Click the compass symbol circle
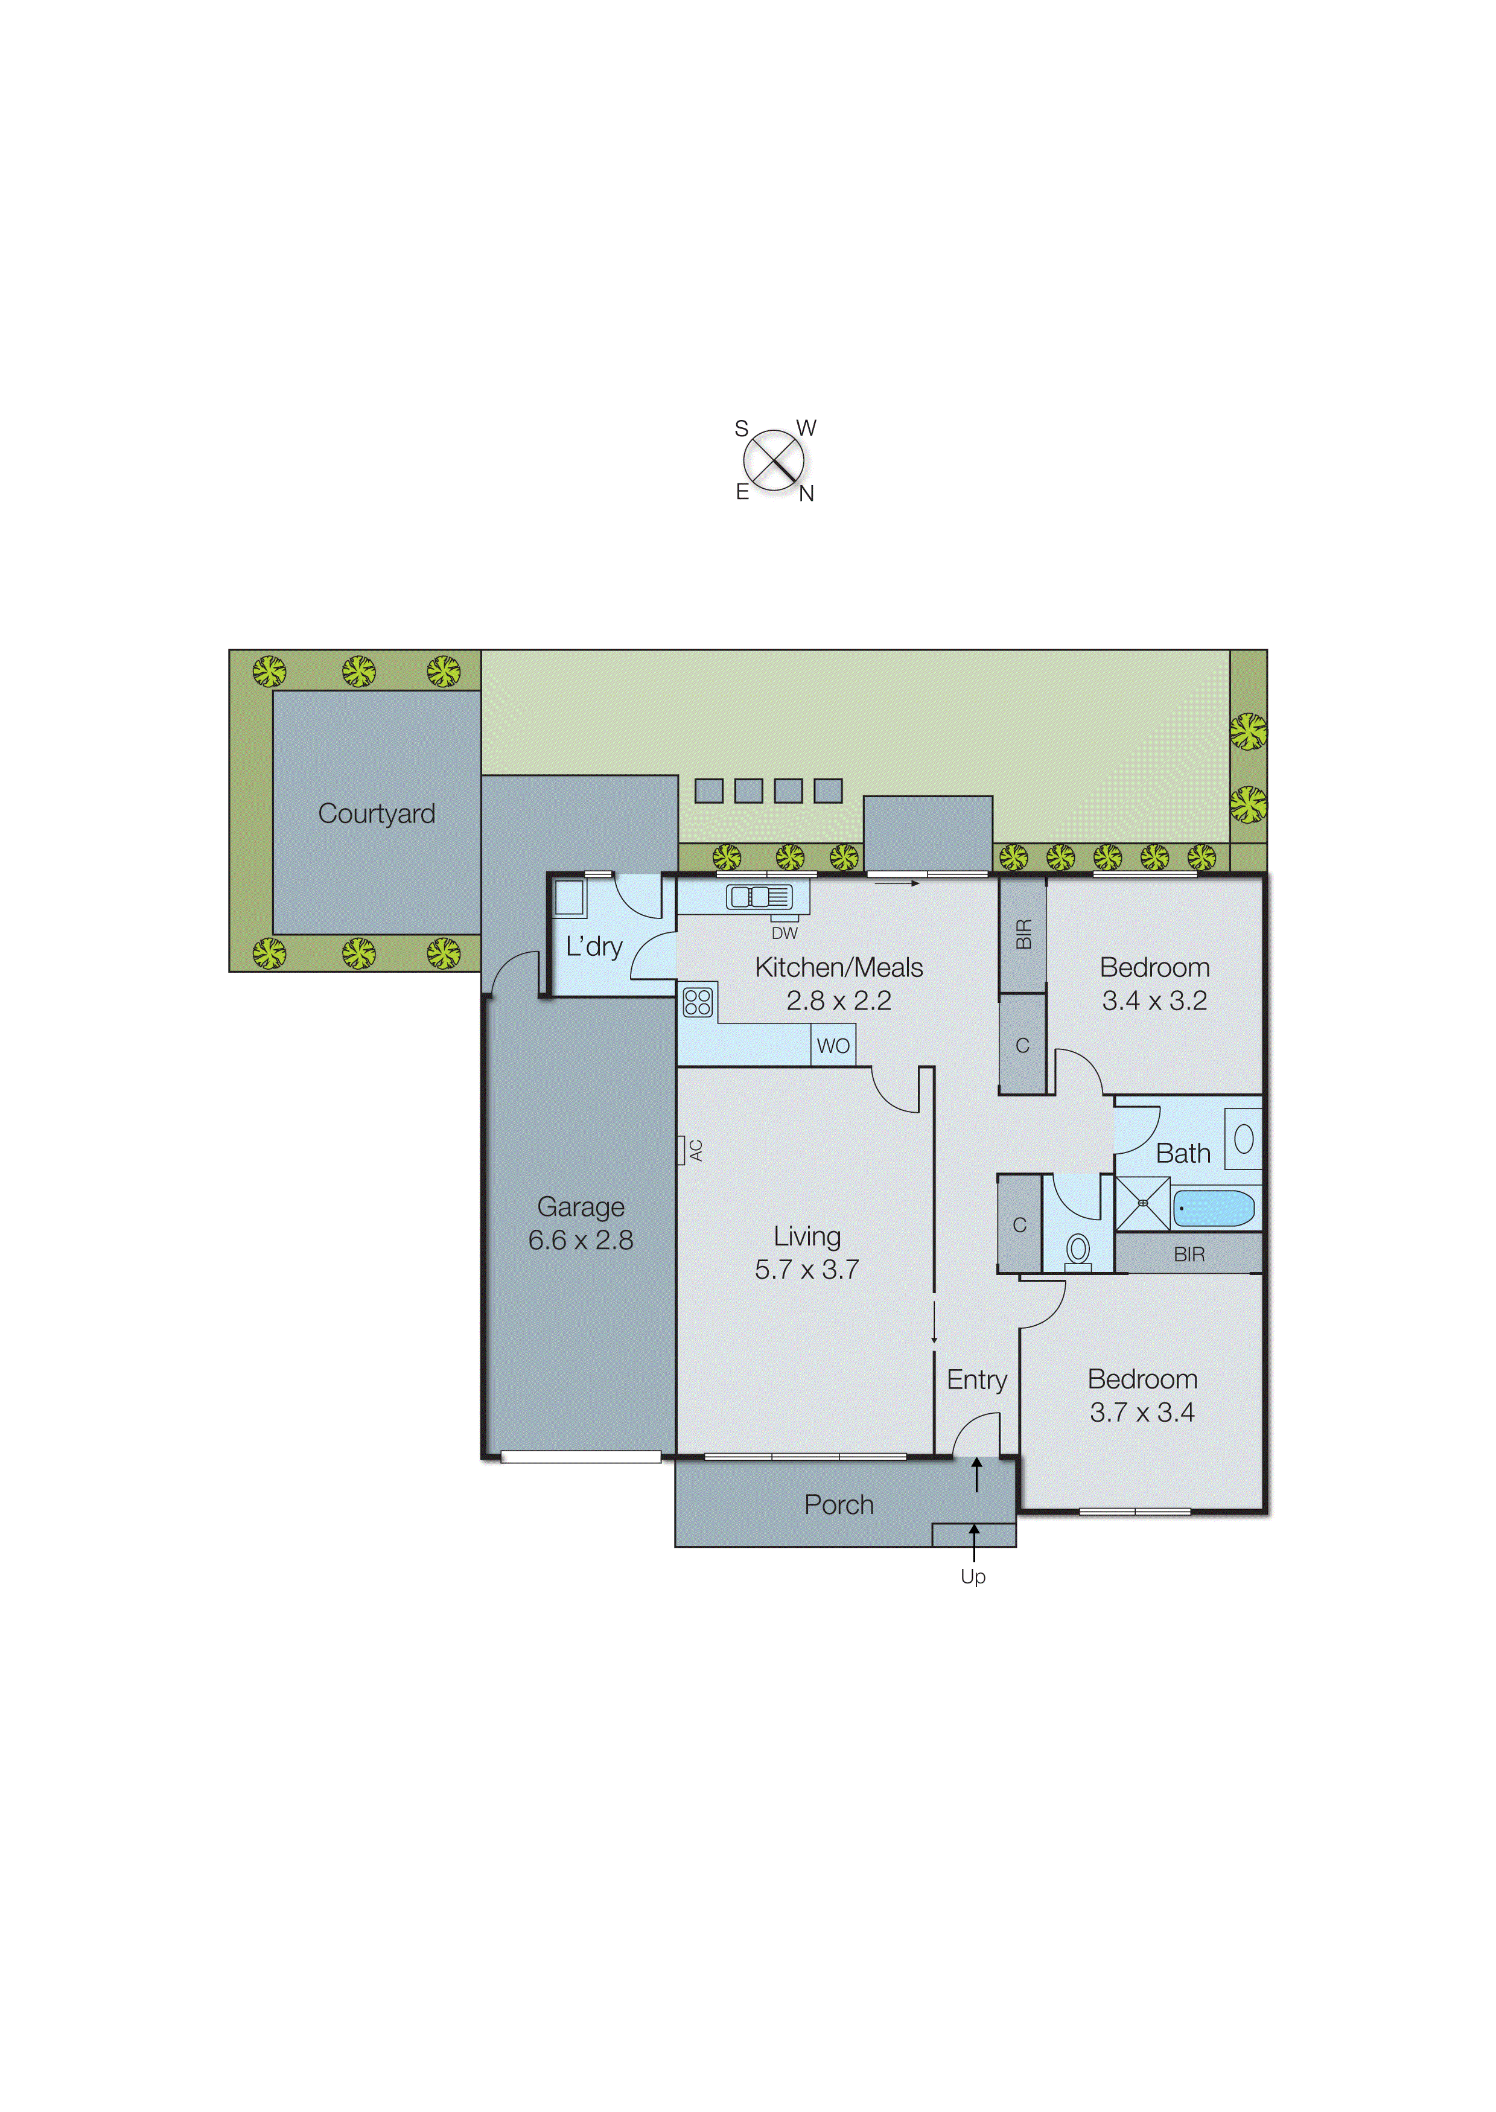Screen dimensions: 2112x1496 pos(774,460)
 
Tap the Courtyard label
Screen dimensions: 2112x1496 pos(376,813)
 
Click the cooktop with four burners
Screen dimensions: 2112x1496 pos(698,1001)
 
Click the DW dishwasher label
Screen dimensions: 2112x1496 pos(784,933)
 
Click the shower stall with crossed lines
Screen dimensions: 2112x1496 pos(1142,1203)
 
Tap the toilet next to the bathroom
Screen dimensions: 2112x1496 pos(1078,1251)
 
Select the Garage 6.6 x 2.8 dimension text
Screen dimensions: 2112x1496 pos(581,1240)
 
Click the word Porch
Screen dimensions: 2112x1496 pos(838,1504)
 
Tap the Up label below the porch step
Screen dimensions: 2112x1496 pos(973,1576)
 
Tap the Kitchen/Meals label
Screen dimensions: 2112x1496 pos(838,967)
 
